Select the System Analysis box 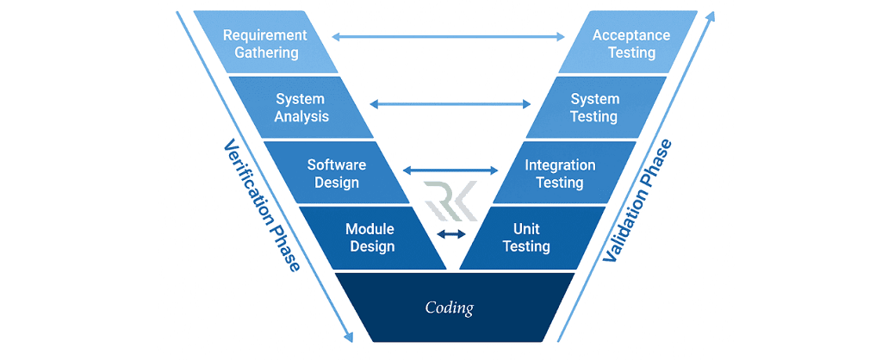click(x=301, y=108)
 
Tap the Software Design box click(x=337, y=173)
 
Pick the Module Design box click(x=370, y=238)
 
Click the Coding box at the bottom click(x=450, y=307)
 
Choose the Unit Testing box click(x=526, y=238)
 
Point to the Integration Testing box click(x=560, y=173)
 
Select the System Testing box click(x=594, y=108)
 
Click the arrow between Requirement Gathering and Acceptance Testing click(x=449, y=36)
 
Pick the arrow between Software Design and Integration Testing click(x=450, y=171)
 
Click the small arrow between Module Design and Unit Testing click(x=450, y=233)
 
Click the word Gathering click(x=264, y=53)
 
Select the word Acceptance click(x=631, y=35)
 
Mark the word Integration click(x=560, y=164)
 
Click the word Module click(x=370, y=229)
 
